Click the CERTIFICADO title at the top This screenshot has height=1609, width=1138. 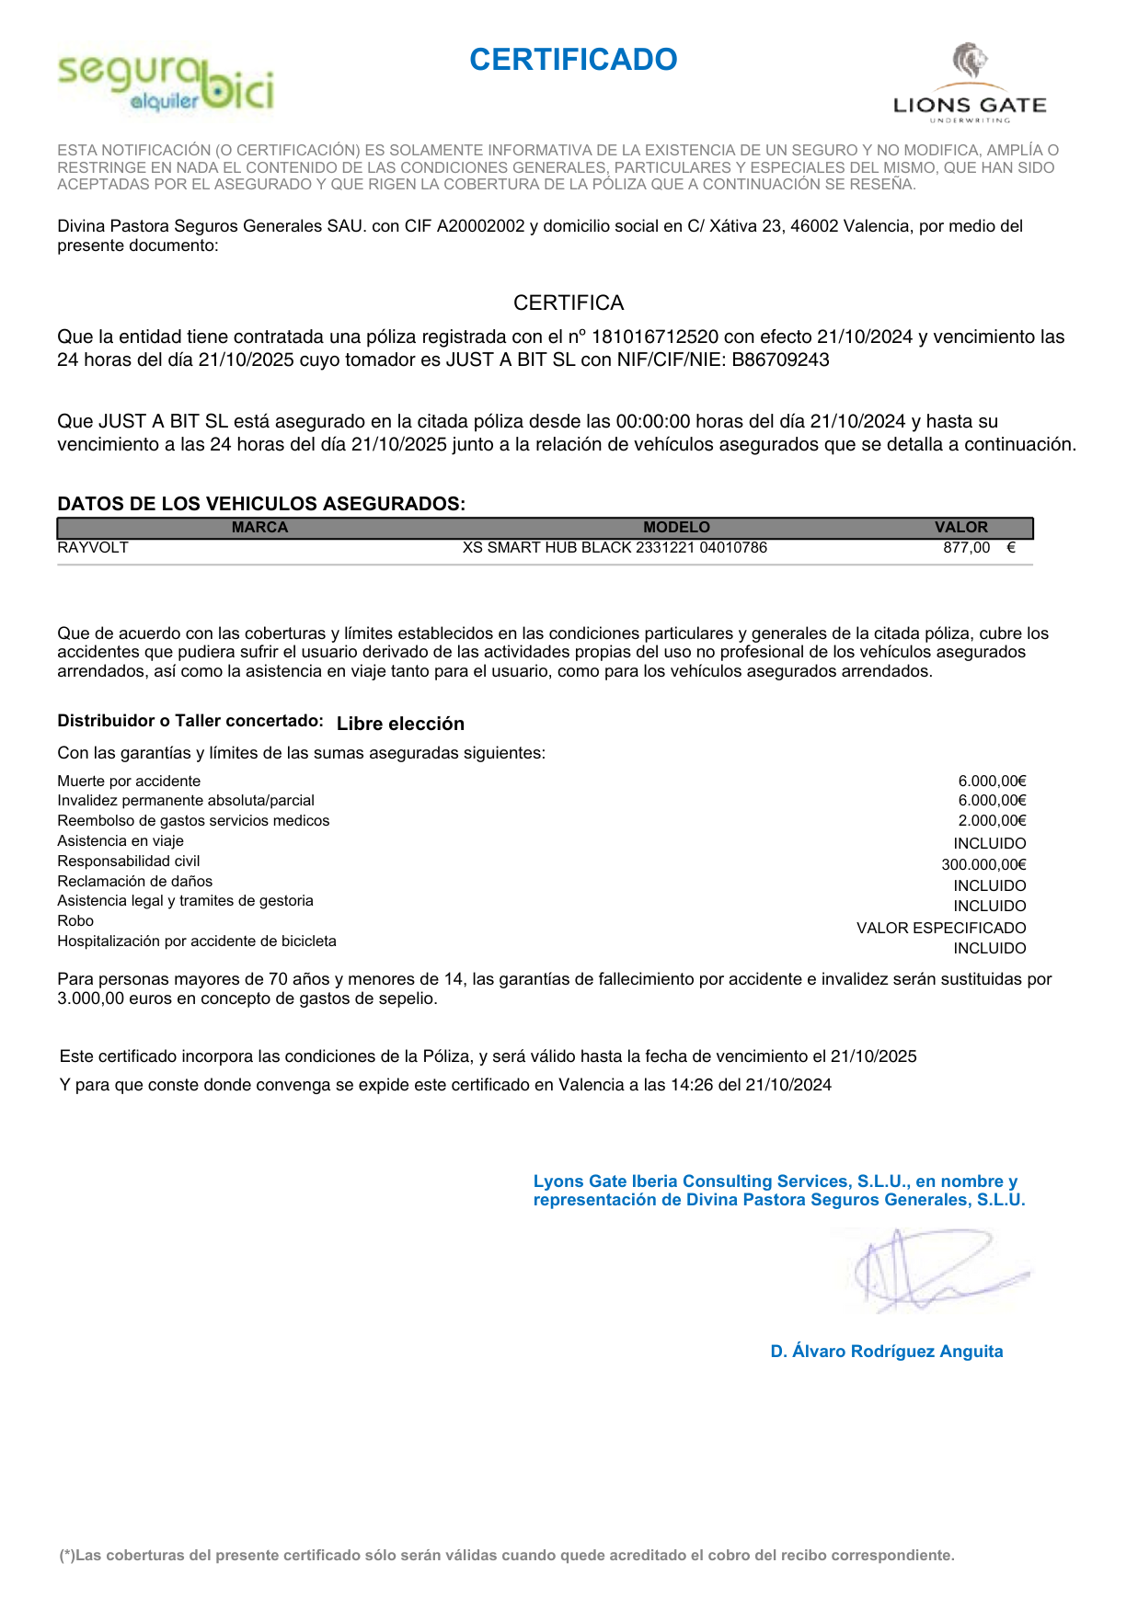[573, 60]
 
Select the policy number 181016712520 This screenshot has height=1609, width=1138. [655, 337]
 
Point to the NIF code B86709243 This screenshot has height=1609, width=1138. [781, 360]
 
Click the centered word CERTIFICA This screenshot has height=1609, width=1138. [569, 303]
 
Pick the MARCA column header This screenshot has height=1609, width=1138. [260, 528]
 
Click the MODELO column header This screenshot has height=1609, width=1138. [676, 528]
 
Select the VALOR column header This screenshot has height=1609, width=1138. [960, 528]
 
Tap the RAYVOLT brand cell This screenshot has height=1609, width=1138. [93, 548]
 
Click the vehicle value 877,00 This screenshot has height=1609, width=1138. [966, 548]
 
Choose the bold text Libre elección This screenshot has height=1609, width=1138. [400, 724]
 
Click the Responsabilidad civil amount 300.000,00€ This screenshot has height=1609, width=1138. [983, 865]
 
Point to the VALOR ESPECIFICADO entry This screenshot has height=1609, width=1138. [941, 929]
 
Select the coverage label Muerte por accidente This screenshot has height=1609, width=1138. [129, 782]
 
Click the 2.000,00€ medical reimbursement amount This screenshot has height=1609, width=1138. [992, 821]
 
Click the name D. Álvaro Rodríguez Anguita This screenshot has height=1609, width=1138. [887, 1352]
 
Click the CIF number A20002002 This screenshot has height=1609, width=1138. [480, 226]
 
